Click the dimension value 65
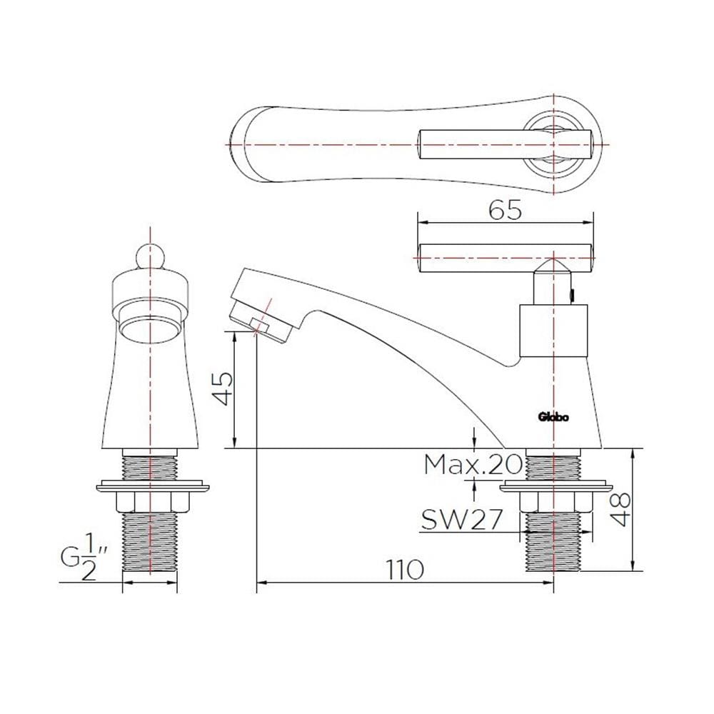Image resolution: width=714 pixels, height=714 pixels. (x=505, y=211)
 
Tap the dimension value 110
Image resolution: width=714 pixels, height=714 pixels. (x=405, y=570)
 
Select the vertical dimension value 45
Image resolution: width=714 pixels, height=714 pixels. (x=223, y=388)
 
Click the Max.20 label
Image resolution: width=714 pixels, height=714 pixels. (x=473, y=465)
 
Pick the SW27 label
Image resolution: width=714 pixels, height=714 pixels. (x=462, y=520)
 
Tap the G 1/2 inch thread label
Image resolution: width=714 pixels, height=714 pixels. (x=84, y=558)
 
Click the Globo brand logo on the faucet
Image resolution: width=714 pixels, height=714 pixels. (x=553, y=417)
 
